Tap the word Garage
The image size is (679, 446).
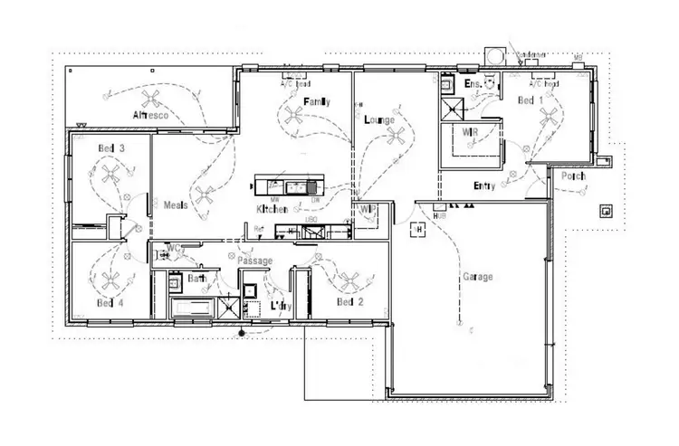[477, 276]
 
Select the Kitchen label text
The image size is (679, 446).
[273, 209]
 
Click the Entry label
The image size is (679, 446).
[484, 186]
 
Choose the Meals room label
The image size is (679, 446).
[175, 204]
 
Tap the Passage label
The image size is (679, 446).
[254, 260]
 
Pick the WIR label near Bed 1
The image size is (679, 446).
[469, 132]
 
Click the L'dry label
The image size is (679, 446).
[281, 306]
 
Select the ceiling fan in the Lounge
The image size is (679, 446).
[395, 136]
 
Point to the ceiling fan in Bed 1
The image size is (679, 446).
[547, 115]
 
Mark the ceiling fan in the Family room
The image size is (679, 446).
[292, 114]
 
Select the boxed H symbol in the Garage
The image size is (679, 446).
[419, 230]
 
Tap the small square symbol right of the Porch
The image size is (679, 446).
[605, 212]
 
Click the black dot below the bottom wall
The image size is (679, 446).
[242, 333]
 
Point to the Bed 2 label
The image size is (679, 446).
[349, 301]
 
